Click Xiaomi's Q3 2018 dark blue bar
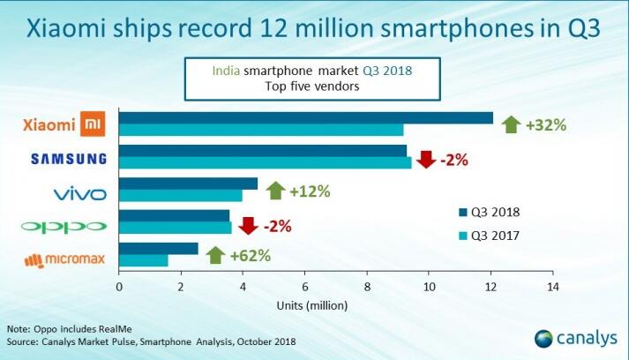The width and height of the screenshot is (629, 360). point(305,118)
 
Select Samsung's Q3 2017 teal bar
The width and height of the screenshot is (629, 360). point(265,162)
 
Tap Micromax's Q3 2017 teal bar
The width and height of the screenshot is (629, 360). point(143,261)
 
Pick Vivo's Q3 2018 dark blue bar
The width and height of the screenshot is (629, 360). point(188,184)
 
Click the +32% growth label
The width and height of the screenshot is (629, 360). point(545,124)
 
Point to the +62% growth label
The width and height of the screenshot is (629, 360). point(251,256)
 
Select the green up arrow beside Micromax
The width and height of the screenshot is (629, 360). point(215,256)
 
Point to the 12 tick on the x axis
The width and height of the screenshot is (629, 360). point(491,287)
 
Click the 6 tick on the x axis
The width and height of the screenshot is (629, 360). point(305,287)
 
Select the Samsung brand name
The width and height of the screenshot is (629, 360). point(69,159)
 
